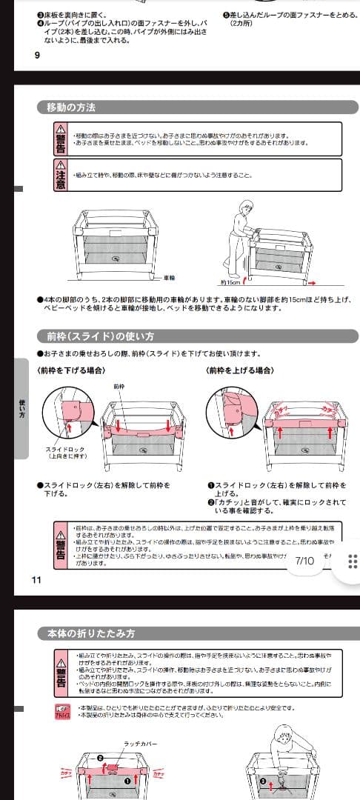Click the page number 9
click(x=37, y=55)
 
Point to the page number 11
click(x=37, y=579)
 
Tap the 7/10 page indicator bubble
click(x=304, y=561)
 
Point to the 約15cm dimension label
click(x=229, y=282)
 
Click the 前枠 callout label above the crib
click(x=119, y=386)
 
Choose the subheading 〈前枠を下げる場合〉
click(x=71, y=369)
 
